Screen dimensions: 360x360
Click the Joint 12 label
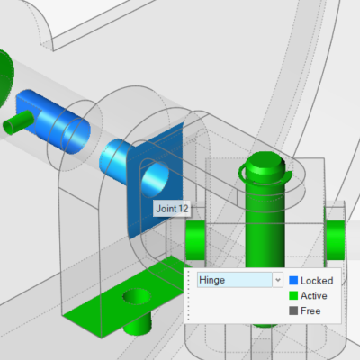172,209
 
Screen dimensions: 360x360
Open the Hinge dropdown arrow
278,280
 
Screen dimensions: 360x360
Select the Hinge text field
235,280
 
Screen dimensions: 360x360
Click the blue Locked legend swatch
293,281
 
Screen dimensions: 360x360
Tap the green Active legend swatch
293,295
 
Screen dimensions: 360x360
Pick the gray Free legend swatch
293,310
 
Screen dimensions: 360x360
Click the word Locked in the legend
317,281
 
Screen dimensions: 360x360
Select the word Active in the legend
314,295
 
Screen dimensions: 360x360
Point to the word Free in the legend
310,310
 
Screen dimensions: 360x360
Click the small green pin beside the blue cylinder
18,122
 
